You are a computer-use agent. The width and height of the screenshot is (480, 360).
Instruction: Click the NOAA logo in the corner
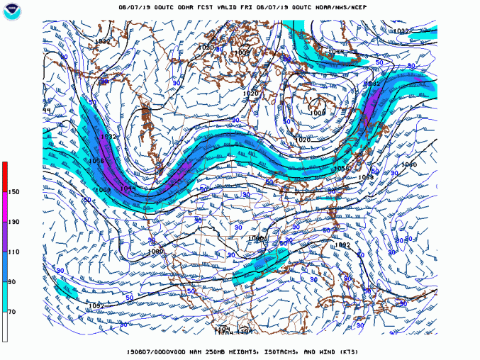12,12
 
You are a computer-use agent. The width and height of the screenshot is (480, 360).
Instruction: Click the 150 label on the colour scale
13,191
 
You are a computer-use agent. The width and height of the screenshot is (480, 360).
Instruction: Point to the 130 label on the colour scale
13,222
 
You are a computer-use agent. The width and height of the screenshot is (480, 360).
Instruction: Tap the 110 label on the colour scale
13,252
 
